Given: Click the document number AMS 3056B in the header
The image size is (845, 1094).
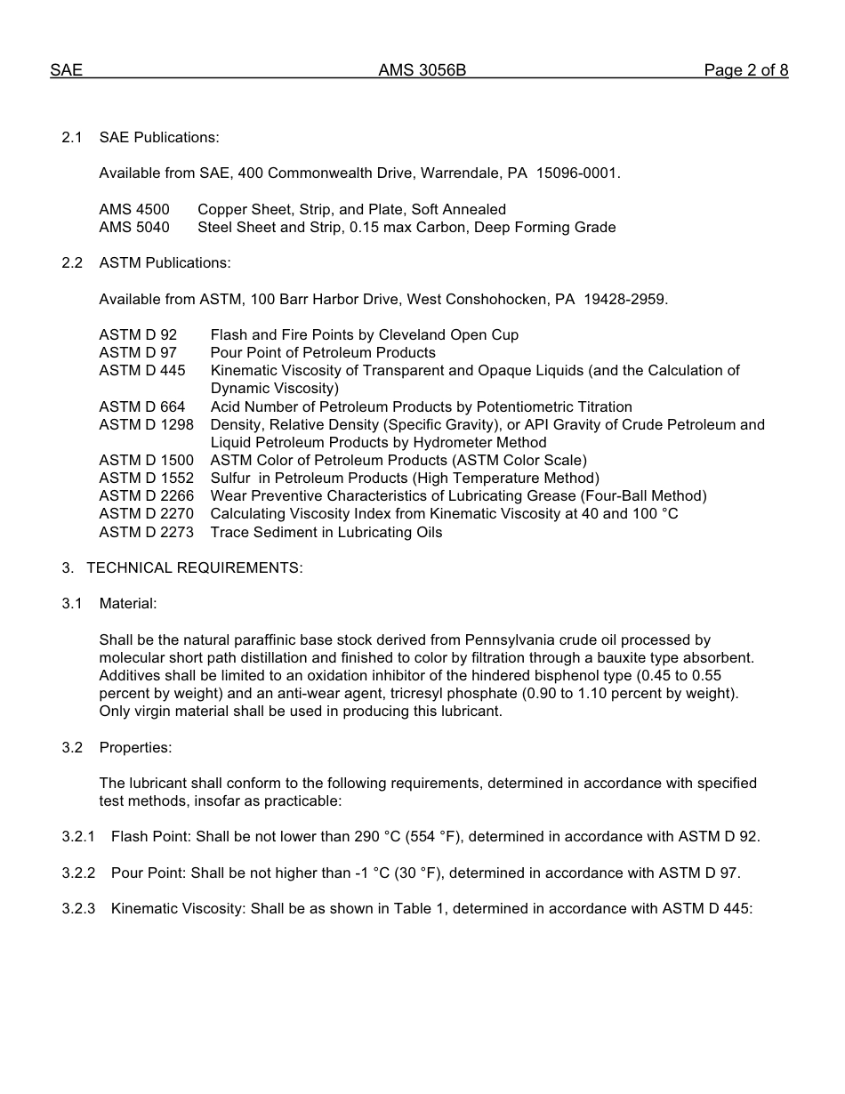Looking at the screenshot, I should pos(422,70).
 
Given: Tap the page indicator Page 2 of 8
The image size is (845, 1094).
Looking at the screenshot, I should pos(745,70).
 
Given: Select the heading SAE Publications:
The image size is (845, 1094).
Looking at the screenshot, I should pos(159,137).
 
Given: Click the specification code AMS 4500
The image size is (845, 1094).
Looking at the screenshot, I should pos(134,209).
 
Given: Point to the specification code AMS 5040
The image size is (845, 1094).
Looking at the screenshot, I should pos(134,227).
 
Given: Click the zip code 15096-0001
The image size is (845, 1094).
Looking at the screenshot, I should pos(577,173).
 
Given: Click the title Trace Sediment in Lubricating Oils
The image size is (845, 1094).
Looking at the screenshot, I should pos(326,532).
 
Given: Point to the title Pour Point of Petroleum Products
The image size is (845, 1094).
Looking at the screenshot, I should pos(323,352).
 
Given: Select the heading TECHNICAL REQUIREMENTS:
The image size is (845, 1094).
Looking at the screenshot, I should pos(194,567).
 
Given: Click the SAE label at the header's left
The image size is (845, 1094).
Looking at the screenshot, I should pos(66,70).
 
